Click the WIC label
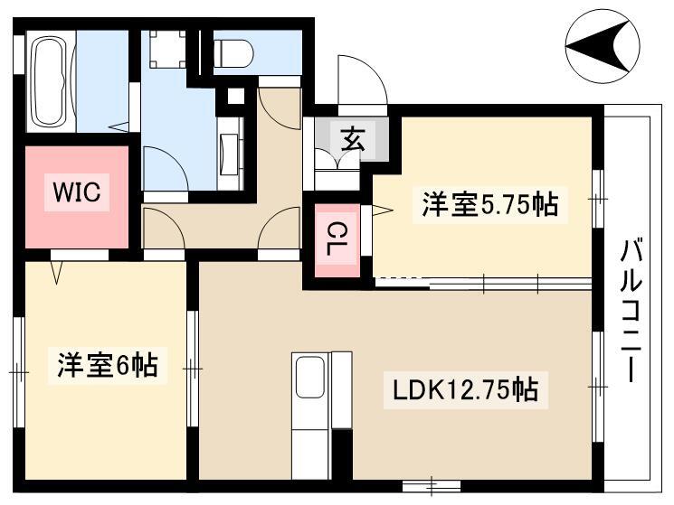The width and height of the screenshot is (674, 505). tap(77, 192)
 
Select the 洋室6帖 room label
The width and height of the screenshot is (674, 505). tap(108, 365)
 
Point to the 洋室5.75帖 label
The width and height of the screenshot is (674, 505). tap(490, 204)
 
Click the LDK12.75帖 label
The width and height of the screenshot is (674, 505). tap(466, 389)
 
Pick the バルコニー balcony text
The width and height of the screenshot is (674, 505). tap(631, 312)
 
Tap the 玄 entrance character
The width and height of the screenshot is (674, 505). tap(353, 139)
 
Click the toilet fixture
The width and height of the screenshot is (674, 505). tap(233, 53)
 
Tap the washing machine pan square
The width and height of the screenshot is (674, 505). tap(168, 49)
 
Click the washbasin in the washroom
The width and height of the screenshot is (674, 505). tap(230, 154)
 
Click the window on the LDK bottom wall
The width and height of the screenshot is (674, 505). tap(432, 486)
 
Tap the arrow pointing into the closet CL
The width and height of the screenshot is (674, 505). tap(382, 210)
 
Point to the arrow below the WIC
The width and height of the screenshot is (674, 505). tap(57, 272)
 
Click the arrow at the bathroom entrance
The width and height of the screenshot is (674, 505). tap(119, 127)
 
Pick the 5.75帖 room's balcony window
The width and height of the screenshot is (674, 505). tap(597, 199)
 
